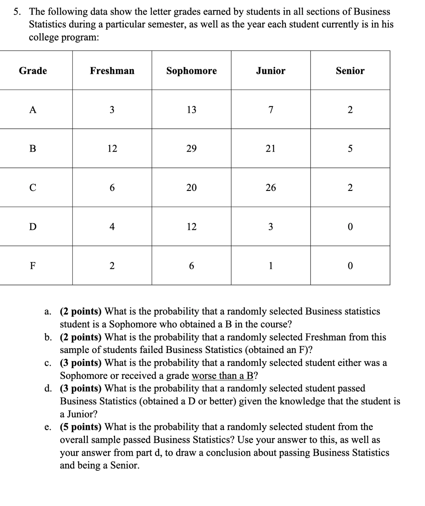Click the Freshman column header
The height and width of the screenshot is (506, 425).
click(112, 71)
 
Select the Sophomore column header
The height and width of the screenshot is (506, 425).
click(191, 71)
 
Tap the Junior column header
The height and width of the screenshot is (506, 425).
click(270, 71)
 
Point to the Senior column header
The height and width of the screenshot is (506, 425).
click(350, 71)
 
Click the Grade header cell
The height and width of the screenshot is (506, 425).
click(33, 71)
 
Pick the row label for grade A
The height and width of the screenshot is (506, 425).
click(33, 110)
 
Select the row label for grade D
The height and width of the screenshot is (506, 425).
click(33, 227)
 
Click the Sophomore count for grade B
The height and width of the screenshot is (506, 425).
click(191, 149)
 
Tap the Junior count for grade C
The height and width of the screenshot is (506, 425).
click(270, 188)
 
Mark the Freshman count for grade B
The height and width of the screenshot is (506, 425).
click(112, 149)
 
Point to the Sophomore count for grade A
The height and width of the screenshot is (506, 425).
click(191, 110)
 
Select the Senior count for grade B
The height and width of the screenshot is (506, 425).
click(350, 149)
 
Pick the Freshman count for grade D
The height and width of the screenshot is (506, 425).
click(112, 227)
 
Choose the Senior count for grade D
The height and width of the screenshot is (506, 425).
click(350, 227)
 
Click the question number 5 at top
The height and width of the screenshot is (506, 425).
click(16, 12)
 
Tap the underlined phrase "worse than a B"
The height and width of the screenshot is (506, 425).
click(225, 375)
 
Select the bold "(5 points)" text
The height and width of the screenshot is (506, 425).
click(81, 427)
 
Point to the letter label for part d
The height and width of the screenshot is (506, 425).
click(48, 388)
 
